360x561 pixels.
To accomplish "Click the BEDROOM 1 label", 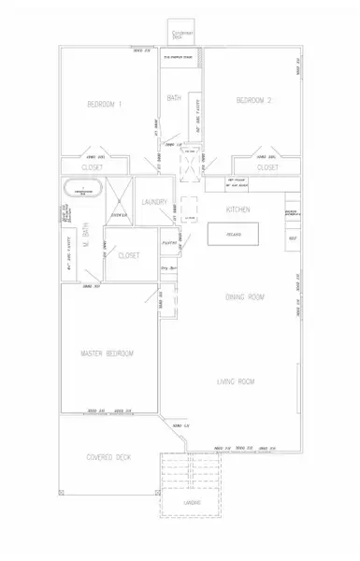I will [x=107, y=104].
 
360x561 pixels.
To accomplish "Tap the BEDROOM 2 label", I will [x=253, y=101].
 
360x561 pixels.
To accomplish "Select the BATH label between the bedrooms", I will [x=174, y=99].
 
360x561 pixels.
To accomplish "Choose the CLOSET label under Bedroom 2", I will [x=267, y=166].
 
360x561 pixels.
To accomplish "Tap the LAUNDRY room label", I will [x=154, y=203].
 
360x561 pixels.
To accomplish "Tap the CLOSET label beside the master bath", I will [x=128, y=254].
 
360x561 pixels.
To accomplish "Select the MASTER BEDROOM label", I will [x=108, y=353].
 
